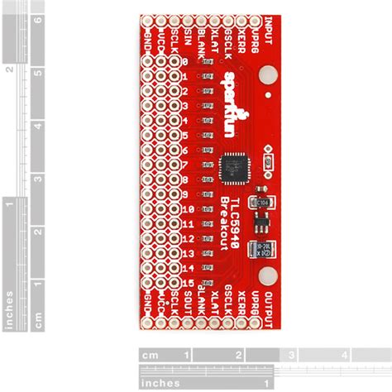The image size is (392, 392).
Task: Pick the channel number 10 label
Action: (x=188, y=209)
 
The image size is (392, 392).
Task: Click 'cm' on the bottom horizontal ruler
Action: (x=150, y=356)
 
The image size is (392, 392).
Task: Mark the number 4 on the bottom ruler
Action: (x=342, y=356)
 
